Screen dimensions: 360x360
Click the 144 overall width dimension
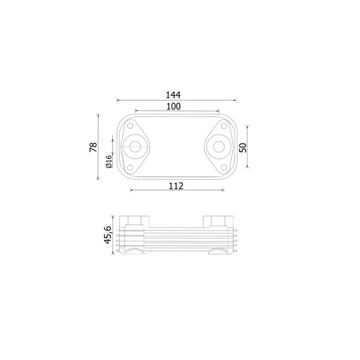coord(173,95)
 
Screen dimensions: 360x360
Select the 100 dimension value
coord(173,106)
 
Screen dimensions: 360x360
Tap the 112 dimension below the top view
coord(176,185)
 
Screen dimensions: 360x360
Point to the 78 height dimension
coord(94,147)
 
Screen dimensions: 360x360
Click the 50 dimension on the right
coord(243,147)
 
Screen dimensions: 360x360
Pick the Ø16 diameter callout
coord(108,161)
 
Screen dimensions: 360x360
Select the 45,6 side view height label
coord(108,234)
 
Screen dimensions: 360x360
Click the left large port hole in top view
coord(134,146)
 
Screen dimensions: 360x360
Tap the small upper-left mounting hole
coord(130,126)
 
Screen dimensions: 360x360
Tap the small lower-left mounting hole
coord(130,167)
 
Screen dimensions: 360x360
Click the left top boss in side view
coord(135,221)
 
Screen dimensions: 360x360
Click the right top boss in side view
coord(218,221)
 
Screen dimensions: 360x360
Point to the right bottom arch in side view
coord(219,251)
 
